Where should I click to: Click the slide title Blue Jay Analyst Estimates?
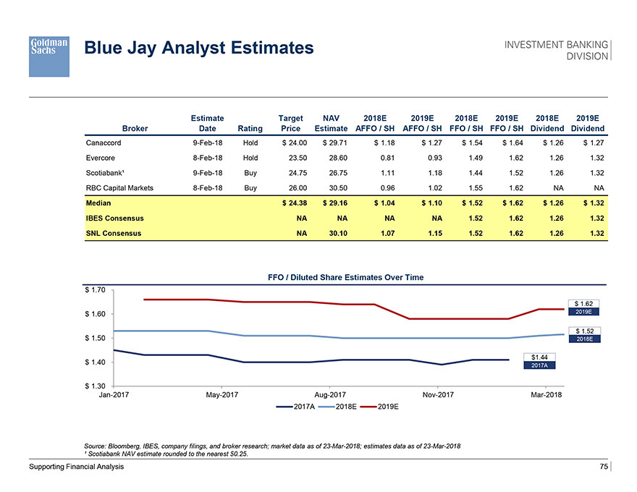(199, 48)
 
